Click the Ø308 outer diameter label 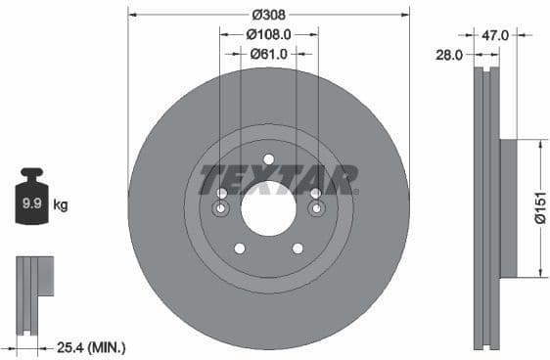tap(268, 15)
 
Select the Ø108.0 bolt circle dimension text tap(268, 34)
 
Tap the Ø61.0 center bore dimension tap(268, 54)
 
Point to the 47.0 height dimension tap(495, 34)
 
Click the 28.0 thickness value tap(448, 56)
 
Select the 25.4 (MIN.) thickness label tap(93, 346)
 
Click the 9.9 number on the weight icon tap(31, 204)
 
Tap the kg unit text tap(61, 204)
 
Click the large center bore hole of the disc tap(268, 207)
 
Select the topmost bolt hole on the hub tap(268, 159)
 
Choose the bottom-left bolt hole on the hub tap(240, 247)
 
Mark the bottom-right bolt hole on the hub tap(298, 247)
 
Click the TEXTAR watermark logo tap(277, 179)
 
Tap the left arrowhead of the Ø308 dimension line tap(132, 15)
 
